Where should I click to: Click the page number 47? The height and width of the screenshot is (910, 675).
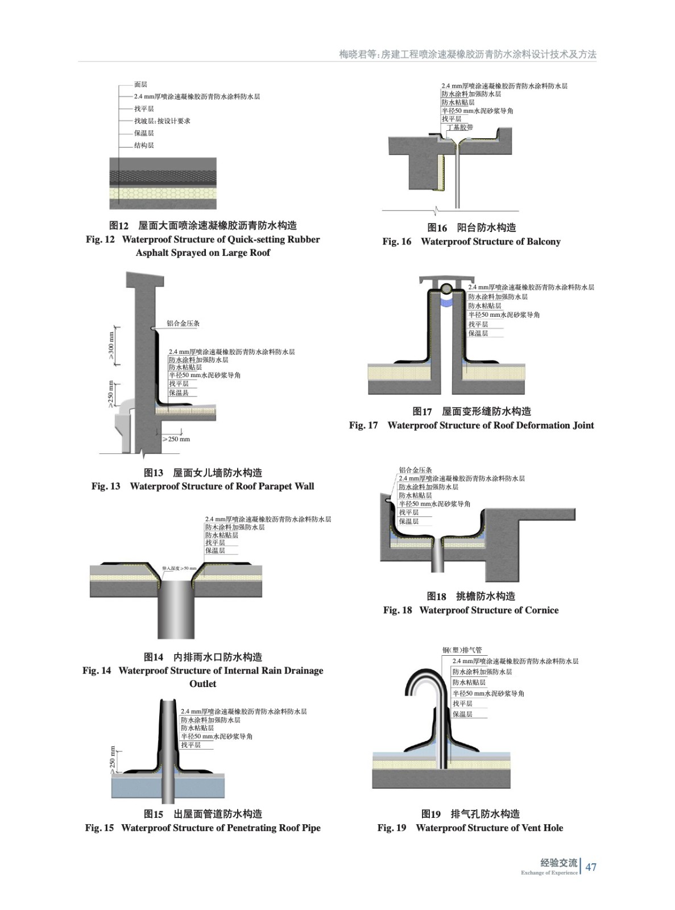tap(591, 867)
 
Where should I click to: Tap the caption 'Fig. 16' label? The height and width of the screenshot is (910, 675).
tap(396, 242)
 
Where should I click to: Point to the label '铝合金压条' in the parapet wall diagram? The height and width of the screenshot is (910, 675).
tap(183, 324)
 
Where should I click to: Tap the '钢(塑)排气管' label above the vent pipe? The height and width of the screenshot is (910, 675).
tap(462, 650)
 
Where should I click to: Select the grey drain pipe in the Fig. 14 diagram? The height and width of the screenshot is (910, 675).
tap(176, 609)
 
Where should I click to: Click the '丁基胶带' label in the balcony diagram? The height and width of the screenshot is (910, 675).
tap(460, 127)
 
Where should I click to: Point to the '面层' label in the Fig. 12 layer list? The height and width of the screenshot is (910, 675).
tap(140, 85)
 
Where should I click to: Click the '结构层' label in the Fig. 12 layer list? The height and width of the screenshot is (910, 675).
tap(144, 146)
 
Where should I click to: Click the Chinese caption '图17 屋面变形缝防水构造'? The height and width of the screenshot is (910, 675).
tap(471, 411)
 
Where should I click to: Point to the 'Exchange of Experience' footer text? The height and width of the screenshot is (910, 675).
tap(549, 873)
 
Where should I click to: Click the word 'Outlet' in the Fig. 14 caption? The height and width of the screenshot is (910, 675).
tap(202, 684)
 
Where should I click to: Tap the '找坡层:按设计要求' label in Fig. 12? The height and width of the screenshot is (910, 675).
tap(162, 121)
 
